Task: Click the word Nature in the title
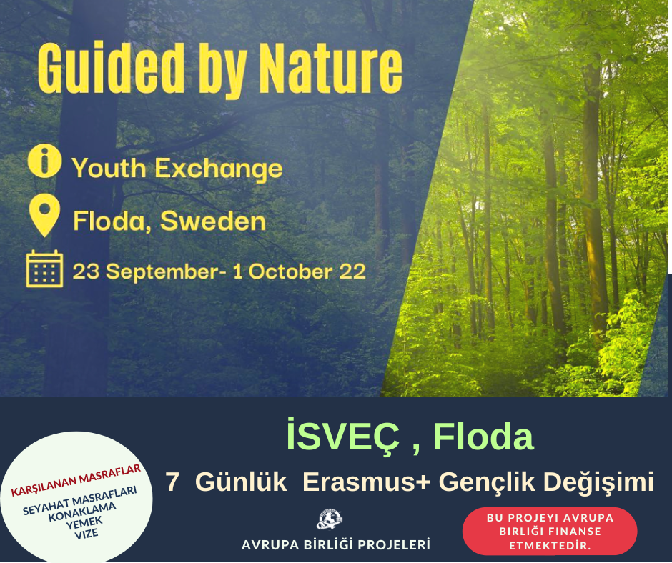(331, 69)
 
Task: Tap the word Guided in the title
(111, 68)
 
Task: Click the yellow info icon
(44, 161)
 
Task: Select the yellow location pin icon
(44, 215)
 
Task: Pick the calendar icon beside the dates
(44, 269)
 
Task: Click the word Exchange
(218, 168)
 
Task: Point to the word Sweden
(213, 221)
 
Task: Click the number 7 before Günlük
(172, 482)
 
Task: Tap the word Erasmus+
(366, 482)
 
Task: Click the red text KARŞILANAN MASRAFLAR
(76, 480)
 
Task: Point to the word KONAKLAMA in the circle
(82, 512)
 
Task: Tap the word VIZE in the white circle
(87, 534)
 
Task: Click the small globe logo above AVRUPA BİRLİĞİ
(329, 519)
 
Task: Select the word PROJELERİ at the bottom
(394, 545)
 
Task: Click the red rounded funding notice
(550, 532)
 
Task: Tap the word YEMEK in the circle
(84, 523)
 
